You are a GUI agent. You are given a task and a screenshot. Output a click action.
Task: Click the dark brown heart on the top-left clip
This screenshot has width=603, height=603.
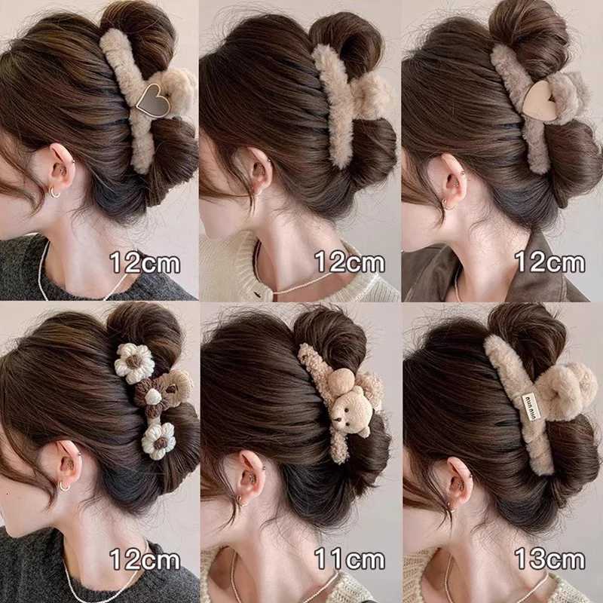[153, 99]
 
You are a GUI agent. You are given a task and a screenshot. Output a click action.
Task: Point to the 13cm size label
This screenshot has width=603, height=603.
[549, 559]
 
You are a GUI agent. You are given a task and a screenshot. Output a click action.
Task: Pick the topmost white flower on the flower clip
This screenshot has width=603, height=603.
[134, 363]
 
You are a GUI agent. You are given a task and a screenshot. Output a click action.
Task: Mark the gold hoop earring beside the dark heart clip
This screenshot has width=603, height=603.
[55, 192]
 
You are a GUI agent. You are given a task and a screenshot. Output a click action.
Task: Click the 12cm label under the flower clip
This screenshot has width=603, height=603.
[145, 559]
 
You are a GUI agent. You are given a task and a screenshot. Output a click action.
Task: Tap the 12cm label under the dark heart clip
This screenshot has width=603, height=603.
[145, 262]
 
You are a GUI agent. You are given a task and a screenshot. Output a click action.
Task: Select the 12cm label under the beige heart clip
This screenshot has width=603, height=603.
[549, 262]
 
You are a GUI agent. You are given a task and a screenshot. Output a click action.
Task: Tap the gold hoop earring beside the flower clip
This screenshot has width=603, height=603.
[64, 487]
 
